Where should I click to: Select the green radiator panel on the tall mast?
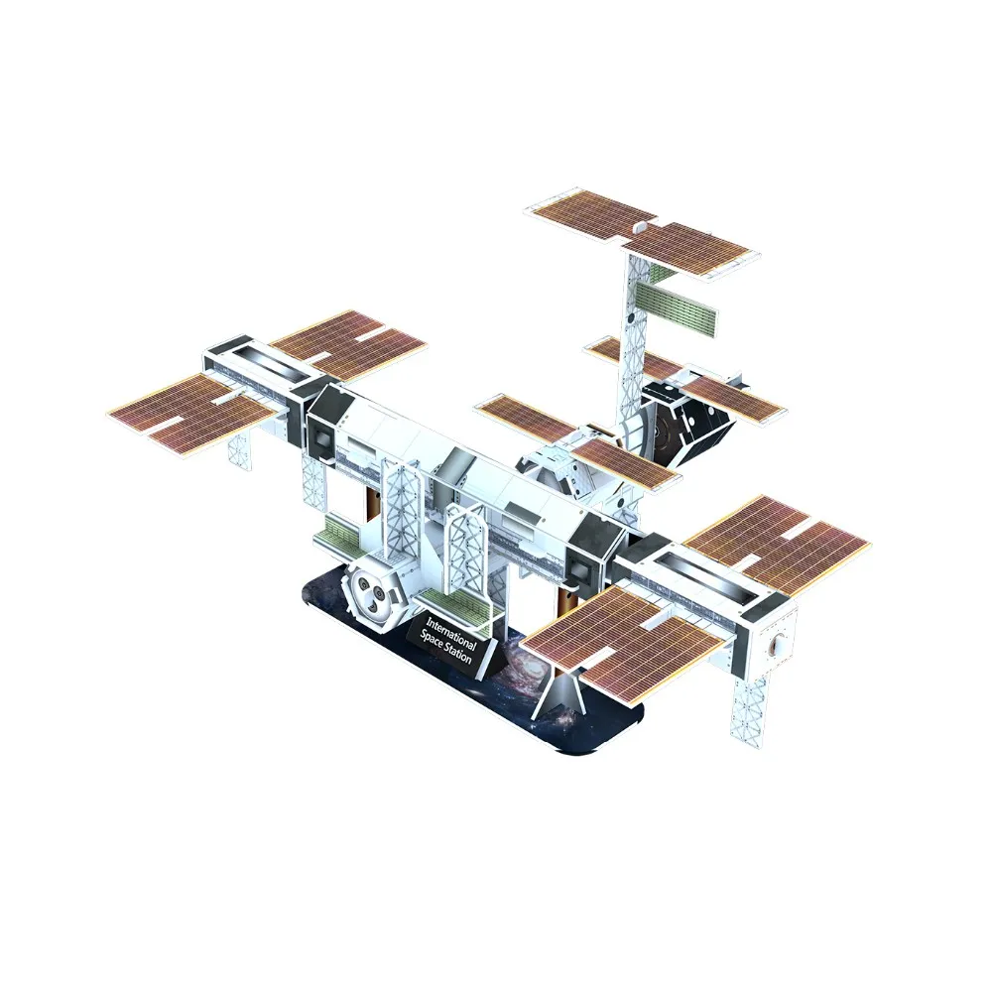(x=677, y=307)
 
